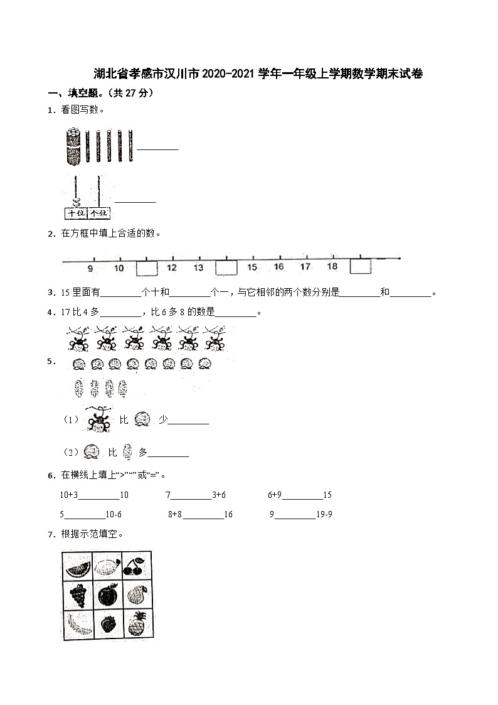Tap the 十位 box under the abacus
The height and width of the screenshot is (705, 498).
[x=75, y=213]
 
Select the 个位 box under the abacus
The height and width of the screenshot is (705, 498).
[x=99, y=213]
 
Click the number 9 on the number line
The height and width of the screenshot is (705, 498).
[x=90, y=268]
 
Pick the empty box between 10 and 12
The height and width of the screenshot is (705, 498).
[x=147, y=268]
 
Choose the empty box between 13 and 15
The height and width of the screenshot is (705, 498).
[x=226, y=267]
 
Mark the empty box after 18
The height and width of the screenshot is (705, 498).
[x=361, y=267]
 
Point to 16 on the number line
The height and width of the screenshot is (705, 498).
[x=278, y=267]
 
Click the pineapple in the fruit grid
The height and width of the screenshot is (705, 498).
[x=136, y=623]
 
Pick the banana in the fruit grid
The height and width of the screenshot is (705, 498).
[x=78, y=623]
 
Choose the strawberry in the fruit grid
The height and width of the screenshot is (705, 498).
[x=107, y=625]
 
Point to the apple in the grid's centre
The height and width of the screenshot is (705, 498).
[x=107, y=594]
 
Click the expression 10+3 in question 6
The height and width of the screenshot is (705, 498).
[x=68, y=495]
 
